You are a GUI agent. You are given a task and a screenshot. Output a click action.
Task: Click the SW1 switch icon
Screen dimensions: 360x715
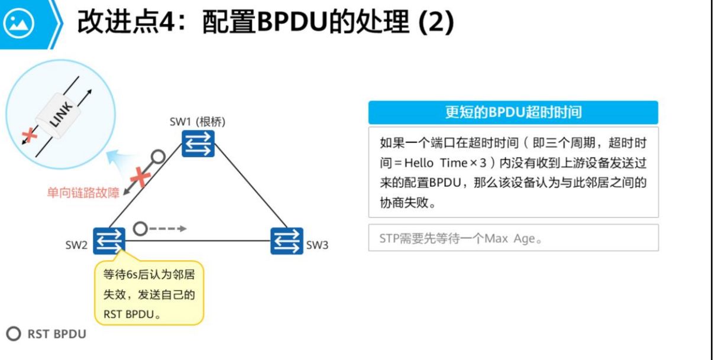click(198, 144)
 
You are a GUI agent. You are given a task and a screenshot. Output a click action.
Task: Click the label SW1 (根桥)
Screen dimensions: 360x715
click(198, 122)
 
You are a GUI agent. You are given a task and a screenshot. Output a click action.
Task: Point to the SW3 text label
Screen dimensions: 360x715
click(317, 245)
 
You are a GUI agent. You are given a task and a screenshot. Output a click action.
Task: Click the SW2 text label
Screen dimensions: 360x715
click(76, 245)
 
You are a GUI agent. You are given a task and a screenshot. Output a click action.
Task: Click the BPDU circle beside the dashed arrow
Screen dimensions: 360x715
click(140, 228)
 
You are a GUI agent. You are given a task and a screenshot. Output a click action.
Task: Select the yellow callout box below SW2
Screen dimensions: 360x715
click(149, 293)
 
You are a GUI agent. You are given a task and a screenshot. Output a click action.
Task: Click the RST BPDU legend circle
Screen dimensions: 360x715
click(14, 334)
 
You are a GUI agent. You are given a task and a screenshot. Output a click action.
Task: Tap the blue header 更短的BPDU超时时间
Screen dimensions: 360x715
click(513, 112)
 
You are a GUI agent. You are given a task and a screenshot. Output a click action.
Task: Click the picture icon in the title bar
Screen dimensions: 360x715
click(19, 24)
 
